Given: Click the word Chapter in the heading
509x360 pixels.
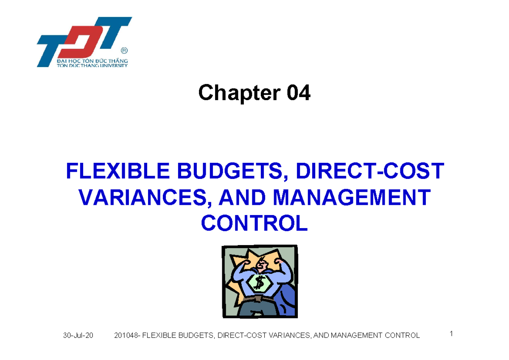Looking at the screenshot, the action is [240, 93].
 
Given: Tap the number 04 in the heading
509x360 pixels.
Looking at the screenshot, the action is [299, 92].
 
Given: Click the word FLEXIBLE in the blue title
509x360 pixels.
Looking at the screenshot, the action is [118, 171].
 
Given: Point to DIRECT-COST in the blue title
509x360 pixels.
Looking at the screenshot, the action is [370, 171].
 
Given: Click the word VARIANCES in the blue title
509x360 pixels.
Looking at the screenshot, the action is [145, 197].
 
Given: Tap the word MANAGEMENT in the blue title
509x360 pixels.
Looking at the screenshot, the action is [352, 197].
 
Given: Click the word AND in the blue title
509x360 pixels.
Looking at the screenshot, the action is [242, 197].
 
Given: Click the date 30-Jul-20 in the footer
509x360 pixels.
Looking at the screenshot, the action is [78, 335].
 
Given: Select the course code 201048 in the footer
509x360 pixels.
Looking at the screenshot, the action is [126, 335].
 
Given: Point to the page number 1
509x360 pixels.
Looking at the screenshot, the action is [451, 334].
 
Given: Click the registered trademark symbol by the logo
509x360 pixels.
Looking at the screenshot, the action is [124, 50].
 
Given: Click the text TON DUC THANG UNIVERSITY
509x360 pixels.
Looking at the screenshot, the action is [92, 65].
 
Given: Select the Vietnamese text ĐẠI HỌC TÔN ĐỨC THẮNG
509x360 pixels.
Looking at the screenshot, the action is [92, 61].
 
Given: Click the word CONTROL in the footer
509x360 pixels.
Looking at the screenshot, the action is [402, 335].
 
